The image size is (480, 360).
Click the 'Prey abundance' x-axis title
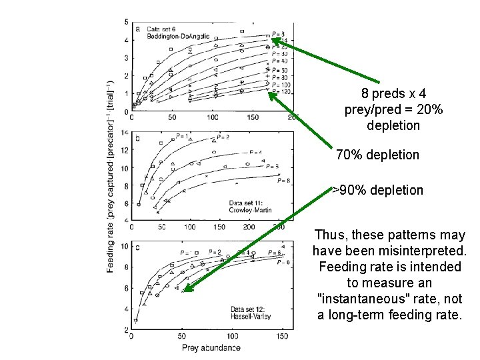211,347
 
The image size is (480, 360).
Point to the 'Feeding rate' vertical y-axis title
111,176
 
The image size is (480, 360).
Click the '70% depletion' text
377,155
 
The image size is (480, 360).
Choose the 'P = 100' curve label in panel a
280,85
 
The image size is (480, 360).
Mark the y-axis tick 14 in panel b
125,134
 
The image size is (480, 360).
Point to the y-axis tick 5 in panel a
127,23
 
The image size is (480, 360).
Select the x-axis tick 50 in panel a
172,117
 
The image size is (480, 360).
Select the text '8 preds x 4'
392,93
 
